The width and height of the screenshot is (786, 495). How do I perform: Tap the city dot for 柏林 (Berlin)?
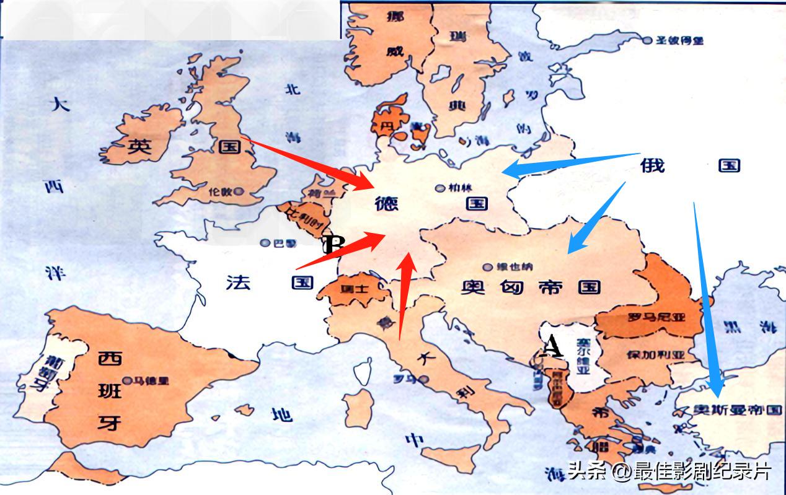coord(439,187)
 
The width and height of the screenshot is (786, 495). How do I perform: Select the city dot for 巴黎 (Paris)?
coord(265,243)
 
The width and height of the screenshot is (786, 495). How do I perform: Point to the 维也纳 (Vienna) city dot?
coord(488,266)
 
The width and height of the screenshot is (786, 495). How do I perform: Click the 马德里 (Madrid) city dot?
coord(128,380)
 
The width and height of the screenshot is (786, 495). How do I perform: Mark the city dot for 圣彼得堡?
coord(647,40)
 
